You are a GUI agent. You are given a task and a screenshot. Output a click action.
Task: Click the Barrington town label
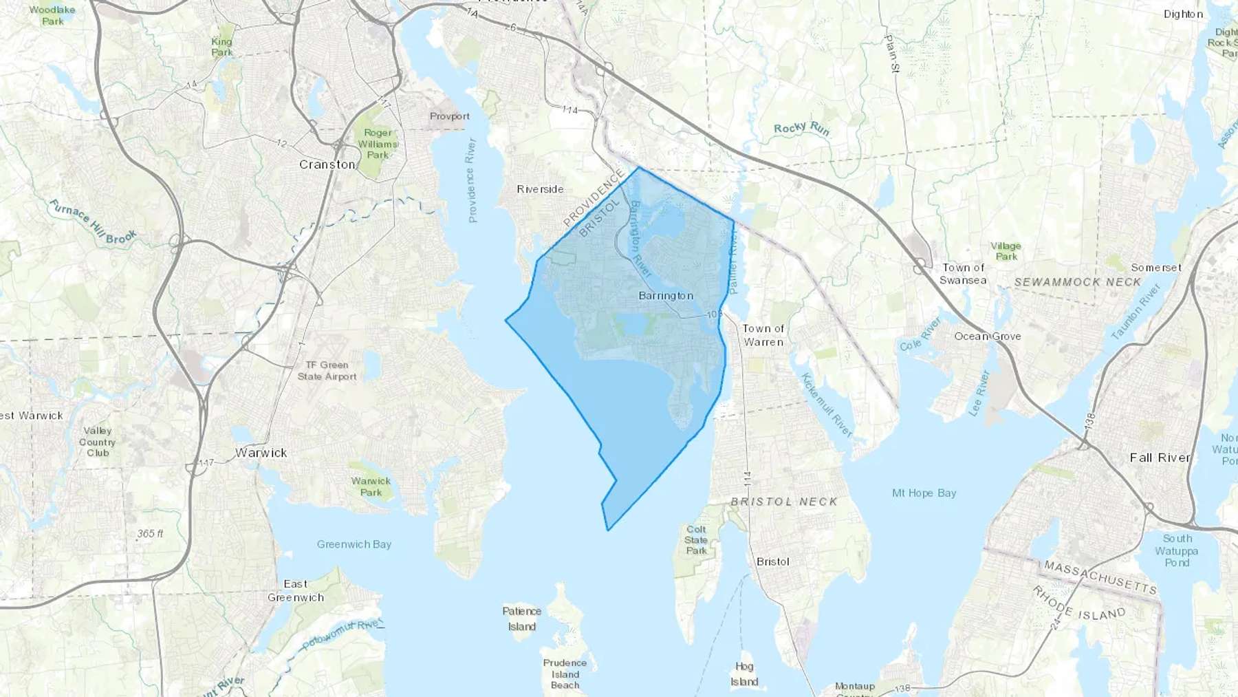666,296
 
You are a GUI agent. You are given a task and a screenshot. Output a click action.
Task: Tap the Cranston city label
327,164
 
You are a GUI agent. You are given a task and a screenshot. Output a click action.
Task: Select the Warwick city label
261,453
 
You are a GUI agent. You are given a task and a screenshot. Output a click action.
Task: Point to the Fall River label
1160,458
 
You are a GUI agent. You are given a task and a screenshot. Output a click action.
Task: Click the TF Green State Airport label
327,371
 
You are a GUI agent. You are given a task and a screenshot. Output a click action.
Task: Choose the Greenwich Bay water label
354,544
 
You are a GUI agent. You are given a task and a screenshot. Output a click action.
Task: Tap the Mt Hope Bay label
924,493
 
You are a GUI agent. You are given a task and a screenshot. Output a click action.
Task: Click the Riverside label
541,189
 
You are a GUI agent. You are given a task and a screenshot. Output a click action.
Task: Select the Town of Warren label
763,335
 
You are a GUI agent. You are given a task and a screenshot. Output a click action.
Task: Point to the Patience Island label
522,619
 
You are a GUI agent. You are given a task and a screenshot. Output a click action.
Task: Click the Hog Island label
744,674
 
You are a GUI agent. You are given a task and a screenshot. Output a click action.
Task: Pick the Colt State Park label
696,540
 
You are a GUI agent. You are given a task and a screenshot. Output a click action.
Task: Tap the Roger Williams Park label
378,144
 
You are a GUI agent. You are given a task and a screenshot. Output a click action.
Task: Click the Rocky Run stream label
802,129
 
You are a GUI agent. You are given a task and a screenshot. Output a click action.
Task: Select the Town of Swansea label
963,274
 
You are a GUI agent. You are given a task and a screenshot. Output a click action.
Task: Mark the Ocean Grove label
988,336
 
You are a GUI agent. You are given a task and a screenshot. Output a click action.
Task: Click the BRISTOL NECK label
784,502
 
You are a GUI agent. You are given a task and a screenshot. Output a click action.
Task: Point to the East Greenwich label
296,590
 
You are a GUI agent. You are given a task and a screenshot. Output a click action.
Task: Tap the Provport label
450,116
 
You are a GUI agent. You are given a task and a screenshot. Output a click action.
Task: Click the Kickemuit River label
827,405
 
